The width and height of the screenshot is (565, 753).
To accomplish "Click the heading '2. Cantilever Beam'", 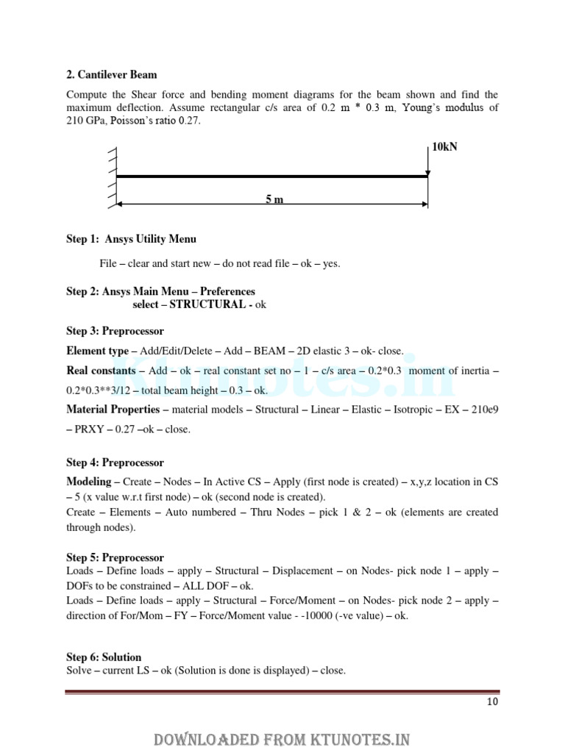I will [x=111, y=75].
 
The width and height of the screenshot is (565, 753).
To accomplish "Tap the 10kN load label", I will [x=444, y=147].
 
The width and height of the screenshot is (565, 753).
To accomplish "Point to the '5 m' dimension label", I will [x=274, y=200].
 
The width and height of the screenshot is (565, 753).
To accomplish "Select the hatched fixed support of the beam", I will [x=113, y=176].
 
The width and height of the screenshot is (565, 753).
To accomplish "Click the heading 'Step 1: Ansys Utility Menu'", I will [x=131, y=239].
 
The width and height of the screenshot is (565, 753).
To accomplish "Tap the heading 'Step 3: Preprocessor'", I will [x=115, y=331].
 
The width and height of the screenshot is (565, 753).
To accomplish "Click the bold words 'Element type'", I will [x=96, y=351].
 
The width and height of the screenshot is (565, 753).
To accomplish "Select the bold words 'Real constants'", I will [x=101, y=371].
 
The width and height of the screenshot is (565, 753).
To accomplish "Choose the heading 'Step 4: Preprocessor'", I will [x=115, y=463].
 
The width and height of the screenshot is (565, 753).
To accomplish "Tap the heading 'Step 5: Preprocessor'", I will [x=115, y=557].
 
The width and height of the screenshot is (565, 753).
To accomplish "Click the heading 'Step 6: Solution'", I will [x=104, y=657].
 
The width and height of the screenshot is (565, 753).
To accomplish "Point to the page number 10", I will [x=492, y=702].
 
